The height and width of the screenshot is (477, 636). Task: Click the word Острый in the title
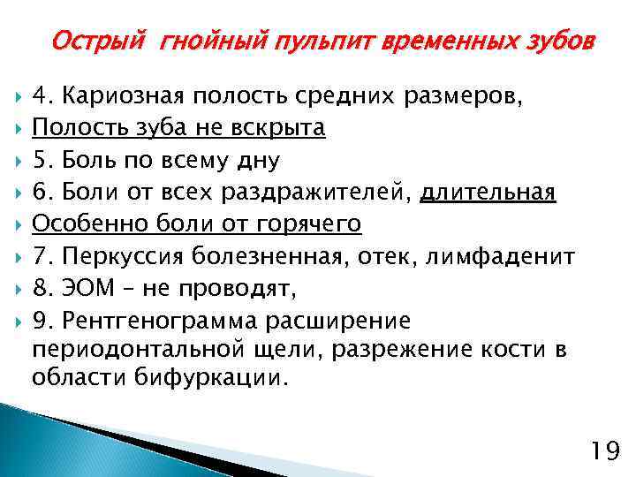[101, 42]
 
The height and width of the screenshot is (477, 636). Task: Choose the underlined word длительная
[488, 193]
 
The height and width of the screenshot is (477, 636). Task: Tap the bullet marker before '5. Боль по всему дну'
[18, 162]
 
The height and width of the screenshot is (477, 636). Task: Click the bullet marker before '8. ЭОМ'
[18, 289]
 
